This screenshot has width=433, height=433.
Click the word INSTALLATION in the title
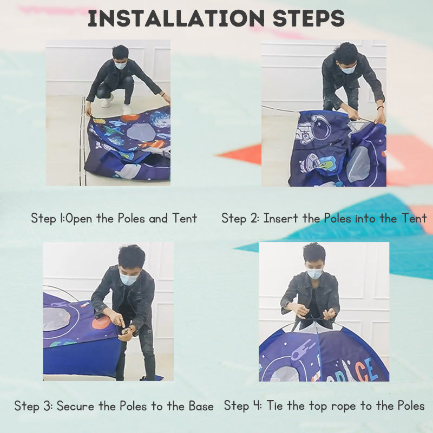click(176, 18)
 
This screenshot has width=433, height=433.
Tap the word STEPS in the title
click(309, 18)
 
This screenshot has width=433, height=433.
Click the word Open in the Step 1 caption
click(79, 219)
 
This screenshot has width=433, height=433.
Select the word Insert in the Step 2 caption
click(281, 218)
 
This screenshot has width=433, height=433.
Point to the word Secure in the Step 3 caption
click(75, 406)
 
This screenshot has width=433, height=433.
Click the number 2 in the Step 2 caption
click(254, 218)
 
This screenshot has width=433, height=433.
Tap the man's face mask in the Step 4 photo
click(314, 274)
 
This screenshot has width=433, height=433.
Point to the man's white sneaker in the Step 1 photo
click(107, 101)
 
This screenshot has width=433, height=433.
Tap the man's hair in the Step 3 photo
click(132, 255)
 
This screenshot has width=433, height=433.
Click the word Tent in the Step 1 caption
click(185, 218)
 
